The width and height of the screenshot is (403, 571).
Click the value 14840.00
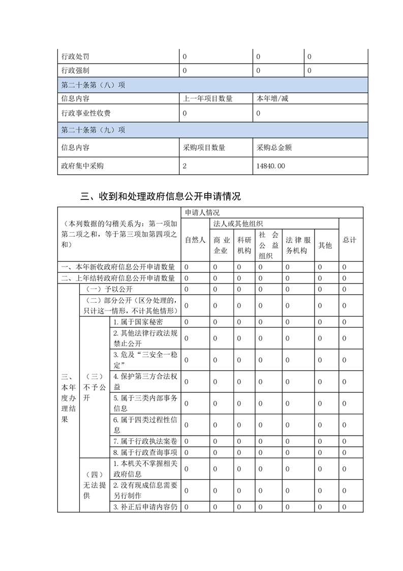pyautogui.click(x=271, y=165)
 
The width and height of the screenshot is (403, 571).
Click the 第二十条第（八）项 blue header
pyautogui.click(x=93, y=84)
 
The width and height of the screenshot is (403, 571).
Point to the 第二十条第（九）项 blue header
pyautogui.click(x=93, y=130)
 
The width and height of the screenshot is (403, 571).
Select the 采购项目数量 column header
pyautogui.click(x=204, y=148)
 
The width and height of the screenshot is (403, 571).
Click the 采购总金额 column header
pyautogui.click(x=274, y=148)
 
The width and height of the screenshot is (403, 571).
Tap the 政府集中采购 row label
pyautogui.click(x=82, y=165)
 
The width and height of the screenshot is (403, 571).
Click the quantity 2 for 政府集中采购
pyautogui.click(x=185, y=165)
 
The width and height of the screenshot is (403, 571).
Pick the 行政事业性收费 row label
pyautogui.click(x=86, y=113)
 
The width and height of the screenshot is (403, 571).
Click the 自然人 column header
pyautogui.click(x=195, y=240)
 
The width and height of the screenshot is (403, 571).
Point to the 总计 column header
pyautogui.click(x=350, y=240)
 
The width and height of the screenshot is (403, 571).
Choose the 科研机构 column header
pyautogui.click(x=244, y=245)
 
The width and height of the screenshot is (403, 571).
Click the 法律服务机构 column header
pyautogui.click(x=297, y=245)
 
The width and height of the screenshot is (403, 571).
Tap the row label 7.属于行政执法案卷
pyautogui.click(x=144, y=441)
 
